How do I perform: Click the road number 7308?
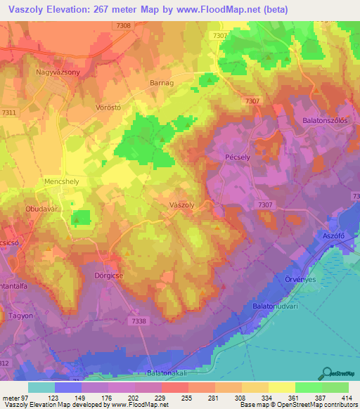click(123, 25)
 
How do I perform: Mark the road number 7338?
click(139, 320)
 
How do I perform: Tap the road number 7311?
click(9, 112)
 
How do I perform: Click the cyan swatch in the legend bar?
click(41, 387)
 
